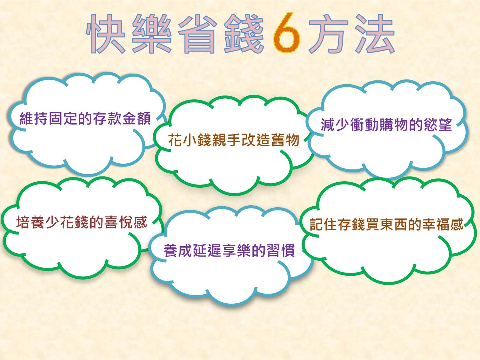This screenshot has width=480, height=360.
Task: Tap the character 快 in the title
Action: (x=106, y=34)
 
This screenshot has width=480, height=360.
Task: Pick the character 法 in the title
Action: (x=374, y=34)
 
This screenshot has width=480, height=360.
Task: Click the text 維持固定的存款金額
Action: (x=85, y=119)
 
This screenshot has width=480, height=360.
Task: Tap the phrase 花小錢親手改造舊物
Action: (x=234, y=140)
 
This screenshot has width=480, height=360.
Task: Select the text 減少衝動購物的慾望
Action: (x=386, y=125)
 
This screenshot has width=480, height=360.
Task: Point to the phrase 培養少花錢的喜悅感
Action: (x=82, y=222)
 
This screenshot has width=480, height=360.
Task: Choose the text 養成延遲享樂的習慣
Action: (x=229, y=250)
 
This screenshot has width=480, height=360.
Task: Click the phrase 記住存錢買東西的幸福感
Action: (x=387, y=224)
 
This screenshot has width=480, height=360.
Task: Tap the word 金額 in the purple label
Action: (x=137, y=119)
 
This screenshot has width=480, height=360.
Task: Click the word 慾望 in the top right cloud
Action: (x=438, y=125)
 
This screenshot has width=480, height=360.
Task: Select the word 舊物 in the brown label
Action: (x=285, y=140)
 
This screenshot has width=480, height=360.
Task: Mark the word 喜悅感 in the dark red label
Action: (x=126, y=222)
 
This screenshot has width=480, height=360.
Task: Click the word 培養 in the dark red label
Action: (x=31, y=222)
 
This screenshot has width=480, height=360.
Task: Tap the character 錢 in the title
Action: (x=243, y=34)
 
